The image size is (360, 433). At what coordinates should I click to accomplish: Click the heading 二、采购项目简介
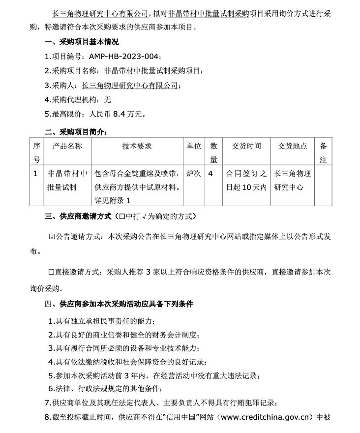(x=75, y=132)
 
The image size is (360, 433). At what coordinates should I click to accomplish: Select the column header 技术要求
(x=137, y=146)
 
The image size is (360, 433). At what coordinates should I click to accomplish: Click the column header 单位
(x=194, y=146)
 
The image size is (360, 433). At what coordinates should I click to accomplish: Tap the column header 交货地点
(x=293, y=146)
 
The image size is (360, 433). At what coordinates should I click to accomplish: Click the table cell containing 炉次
(x=194, y=173)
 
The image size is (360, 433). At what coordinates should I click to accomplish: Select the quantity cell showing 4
(x=211, y=173)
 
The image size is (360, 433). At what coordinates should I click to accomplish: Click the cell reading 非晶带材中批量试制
(x=67, y=180)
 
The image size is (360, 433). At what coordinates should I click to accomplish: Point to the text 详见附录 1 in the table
(x=112, y=201)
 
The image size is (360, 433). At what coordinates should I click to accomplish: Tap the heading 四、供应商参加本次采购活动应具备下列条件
(x=119, y=304)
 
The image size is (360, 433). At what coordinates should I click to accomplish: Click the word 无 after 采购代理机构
(x=108, y=99)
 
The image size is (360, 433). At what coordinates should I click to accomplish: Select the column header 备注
(x=323, y=153)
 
